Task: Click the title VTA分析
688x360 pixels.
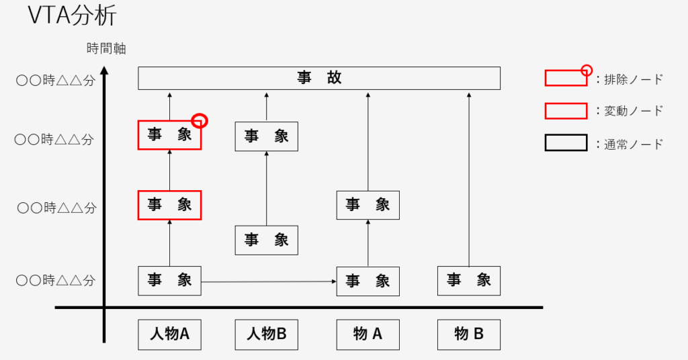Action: [73, 17]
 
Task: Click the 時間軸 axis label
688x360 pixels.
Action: [106, 48]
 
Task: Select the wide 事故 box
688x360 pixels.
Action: [319, 78]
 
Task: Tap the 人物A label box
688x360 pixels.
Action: [169, 334]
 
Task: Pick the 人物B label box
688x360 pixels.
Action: [266, 334]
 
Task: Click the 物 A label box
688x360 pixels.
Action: [368, 334]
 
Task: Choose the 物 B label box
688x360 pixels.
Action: [469, 334]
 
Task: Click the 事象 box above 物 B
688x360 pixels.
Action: [469, 281]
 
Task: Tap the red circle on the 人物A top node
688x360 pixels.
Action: [200, 121]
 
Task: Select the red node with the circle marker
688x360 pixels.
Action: [169, 136]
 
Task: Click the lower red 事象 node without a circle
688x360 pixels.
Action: [169, 205]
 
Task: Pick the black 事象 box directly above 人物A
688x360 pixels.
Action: [169, 281]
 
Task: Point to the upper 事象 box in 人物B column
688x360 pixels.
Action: [266, 136]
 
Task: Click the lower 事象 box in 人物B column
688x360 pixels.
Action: [266, 240]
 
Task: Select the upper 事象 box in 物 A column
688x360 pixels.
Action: [368, 205]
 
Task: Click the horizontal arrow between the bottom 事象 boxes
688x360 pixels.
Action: [269, 281]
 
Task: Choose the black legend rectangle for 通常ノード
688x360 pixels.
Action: [566, 143]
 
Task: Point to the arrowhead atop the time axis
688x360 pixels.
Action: [104, 70]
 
